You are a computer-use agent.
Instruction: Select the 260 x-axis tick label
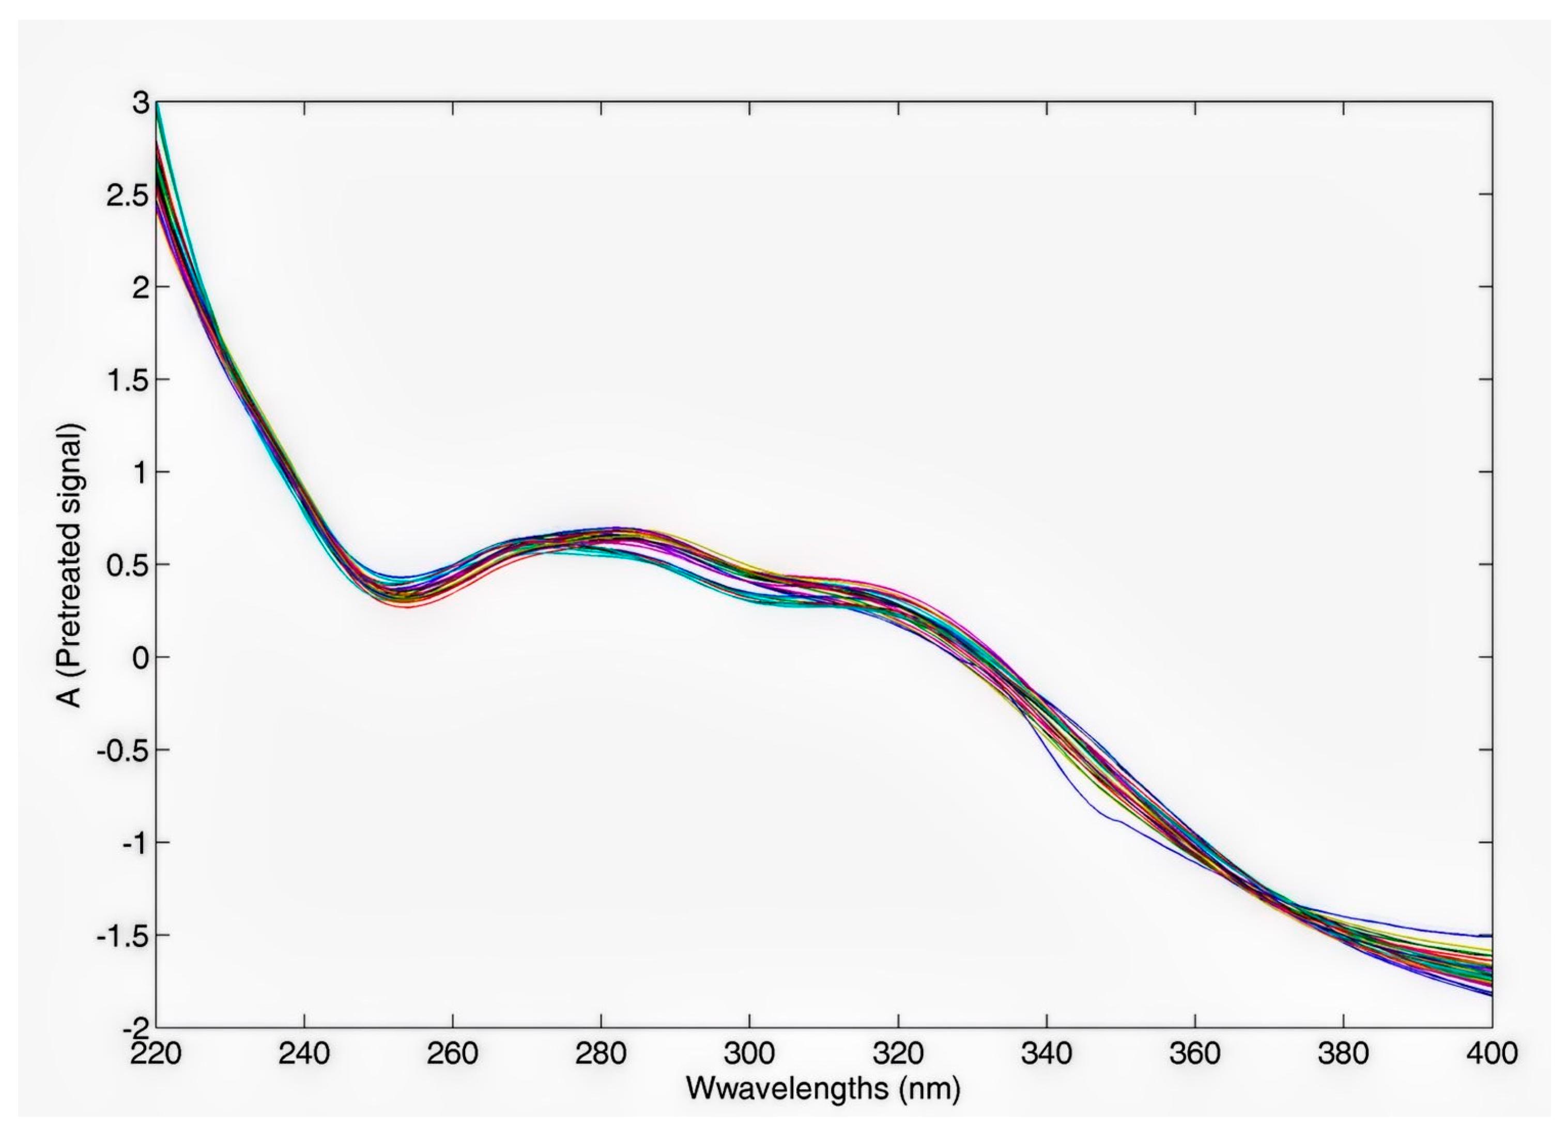coord(453,1054)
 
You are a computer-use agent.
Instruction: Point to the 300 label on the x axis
coord(749,1054)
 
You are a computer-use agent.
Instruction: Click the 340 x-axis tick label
coord(1047,1054)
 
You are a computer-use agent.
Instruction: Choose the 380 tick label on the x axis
coord(1343,1054)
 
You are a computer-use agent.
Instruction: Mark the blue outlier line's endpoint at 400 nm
coord(1492,936)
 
